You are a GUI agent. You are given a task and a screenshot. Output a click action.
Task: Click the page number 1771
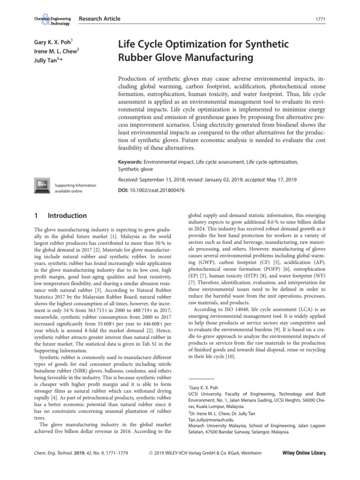(322, 19)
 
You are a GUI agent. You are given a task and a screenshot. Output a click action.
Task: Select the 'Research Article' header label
(99, 19)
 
